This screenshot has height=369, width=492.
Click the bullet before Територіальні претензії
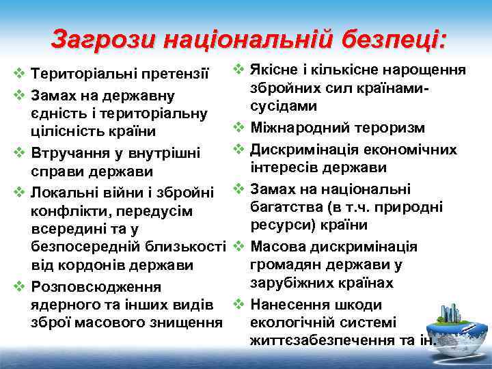pyautogui.click(x=20, y=72)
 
